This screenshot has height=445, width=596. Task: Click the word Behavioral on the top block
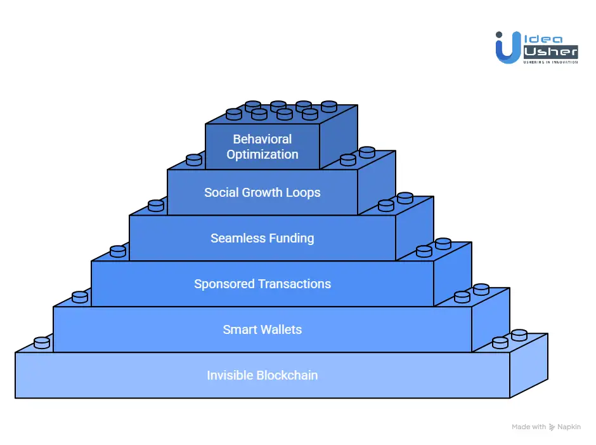coord(262,139)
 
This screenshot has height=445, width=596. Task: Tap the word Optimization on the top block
coord(262,154)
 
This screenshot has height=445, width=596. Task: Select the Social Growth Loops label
coord(262,192)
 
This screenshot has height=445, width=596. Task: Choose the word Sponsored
coord(223,284)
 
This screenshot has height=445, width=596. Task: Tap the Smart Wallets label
coord(262,329)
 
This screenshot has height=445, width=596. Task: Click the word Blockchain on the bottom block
coord(287,375)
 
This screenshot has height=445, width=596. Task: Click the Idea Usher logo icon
coord(508,48)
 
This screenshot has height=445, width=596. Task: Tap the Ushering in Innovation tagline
coord(550,62)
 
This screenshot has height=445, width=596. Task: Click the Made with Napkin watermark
coord(546,427)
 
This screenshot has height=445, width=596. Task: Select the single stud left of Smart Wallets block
coord(80,296)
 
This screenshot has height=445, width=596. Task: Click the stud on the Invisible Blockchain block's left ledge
coord(42,342)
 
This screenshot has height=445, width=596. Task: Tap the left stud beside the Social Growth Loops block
coord(194,159)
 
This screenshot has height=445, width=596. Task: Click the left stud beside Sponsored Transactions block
coord(118,251)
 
